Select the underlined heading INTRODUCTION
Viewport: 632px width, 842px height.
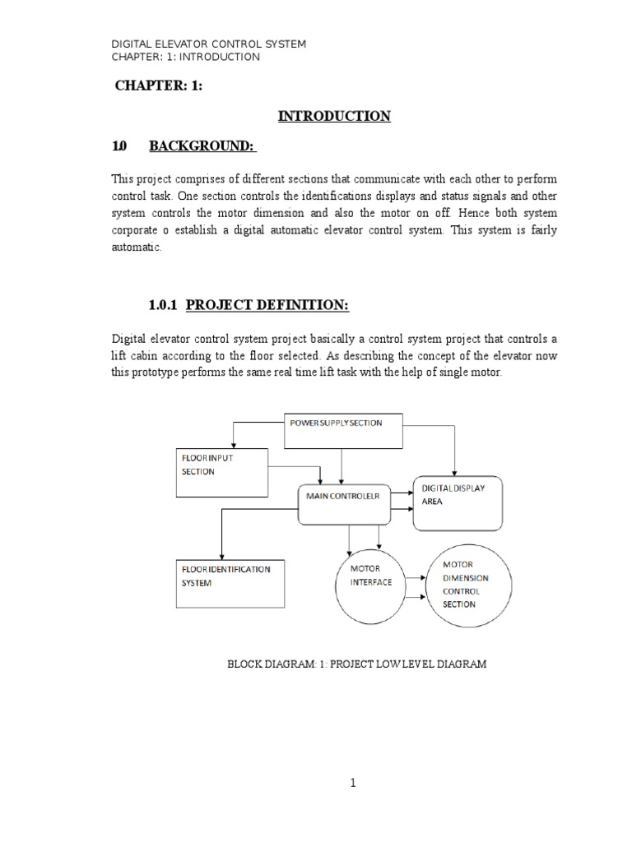[334, 117]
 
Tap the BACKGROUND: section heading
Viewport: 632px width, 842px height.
[202, 146]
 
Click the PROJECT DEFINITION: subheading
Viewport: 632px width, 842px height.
[267, 306]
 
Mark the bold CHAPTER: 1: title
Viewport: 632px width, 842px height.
[158, 87]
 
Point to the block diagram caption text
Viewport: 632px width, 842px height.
[357, 664]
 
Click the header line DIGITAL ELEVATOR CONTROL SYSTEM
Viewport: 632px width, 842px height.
[209, 44]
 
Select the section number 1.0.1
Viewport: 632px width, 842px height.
[165, 306]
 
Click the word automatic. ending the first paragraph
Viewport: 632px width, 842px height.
[137, 248]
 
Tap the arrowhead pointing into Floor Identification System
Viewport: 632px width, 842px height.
[221, 556]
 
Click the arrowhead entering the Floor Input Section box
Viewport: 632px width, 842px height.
[235, 444]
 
